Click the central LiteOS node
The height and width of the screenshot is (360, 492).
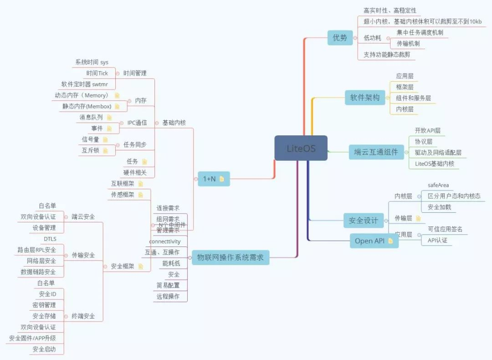coord(301,148)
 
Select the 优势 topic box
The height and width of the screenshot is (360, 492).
coord(340,38)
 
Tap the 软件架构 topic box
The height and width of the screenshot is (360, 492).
coord(364,97)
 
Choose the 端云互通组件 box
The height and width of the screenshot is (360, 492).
coord(376,152)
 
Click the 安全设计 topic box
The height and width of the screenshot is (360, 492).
coord(363,221)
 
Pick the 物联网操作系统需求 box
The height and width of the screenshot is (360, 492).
coord(230,257)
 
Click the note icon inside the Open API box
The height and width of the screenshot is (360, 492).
coord(390,241)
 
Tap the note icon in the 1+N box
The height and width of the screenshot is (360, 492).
coord(222,179)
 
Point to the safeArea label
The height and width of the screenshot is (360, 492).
coord(438,185)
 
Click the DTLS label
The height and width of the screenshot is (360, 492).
coord(50,239)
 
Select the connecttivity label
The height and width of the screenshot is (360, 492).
coord(165,241)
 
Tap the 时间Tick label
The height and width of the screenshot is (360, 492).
coord(97,73)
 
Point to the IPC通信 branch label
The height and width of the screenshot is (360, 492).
coord(137,123)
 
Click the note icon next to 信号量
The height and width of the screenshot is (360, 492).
coord(105,139)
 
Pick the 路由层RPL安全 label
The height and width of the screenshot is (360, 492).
coord(37,250)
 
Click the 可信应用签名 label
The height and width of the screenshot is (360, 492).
coord(445,229)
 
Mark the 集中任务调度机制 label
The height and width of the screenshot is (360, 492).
coord(420,32)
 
